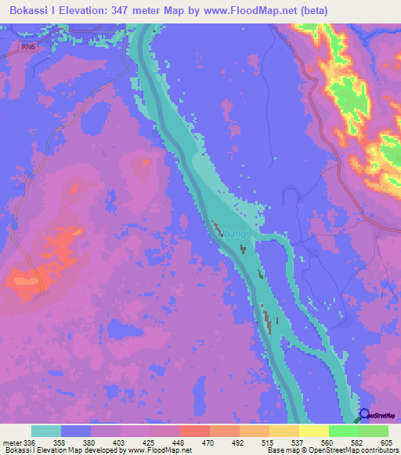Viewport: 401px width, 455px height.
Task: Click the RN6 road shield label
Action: click(29, 45)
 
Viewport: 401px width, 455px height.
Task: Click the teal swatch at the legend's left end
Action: click(46, 431)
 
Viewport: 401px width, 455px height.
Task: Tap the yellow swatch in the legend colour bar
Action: click(314, 431)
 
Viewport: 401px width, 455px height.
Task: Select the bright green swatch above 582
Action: click(344, 431)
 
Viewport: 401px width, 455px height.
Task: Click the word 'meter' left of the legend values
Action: click(12, 442)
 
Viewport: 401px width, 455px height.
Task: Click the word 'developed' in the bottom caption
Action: click(101, 450)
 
